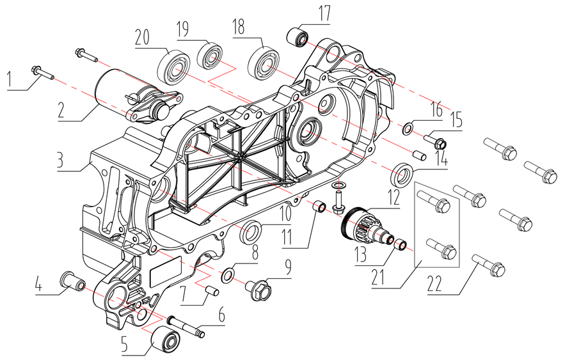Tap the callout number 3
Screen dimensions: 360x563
pos(59,159)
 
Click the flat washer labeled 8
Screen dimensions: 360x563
pos(227,276)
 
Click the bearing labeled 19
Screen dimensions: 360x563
pos(209,54)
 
